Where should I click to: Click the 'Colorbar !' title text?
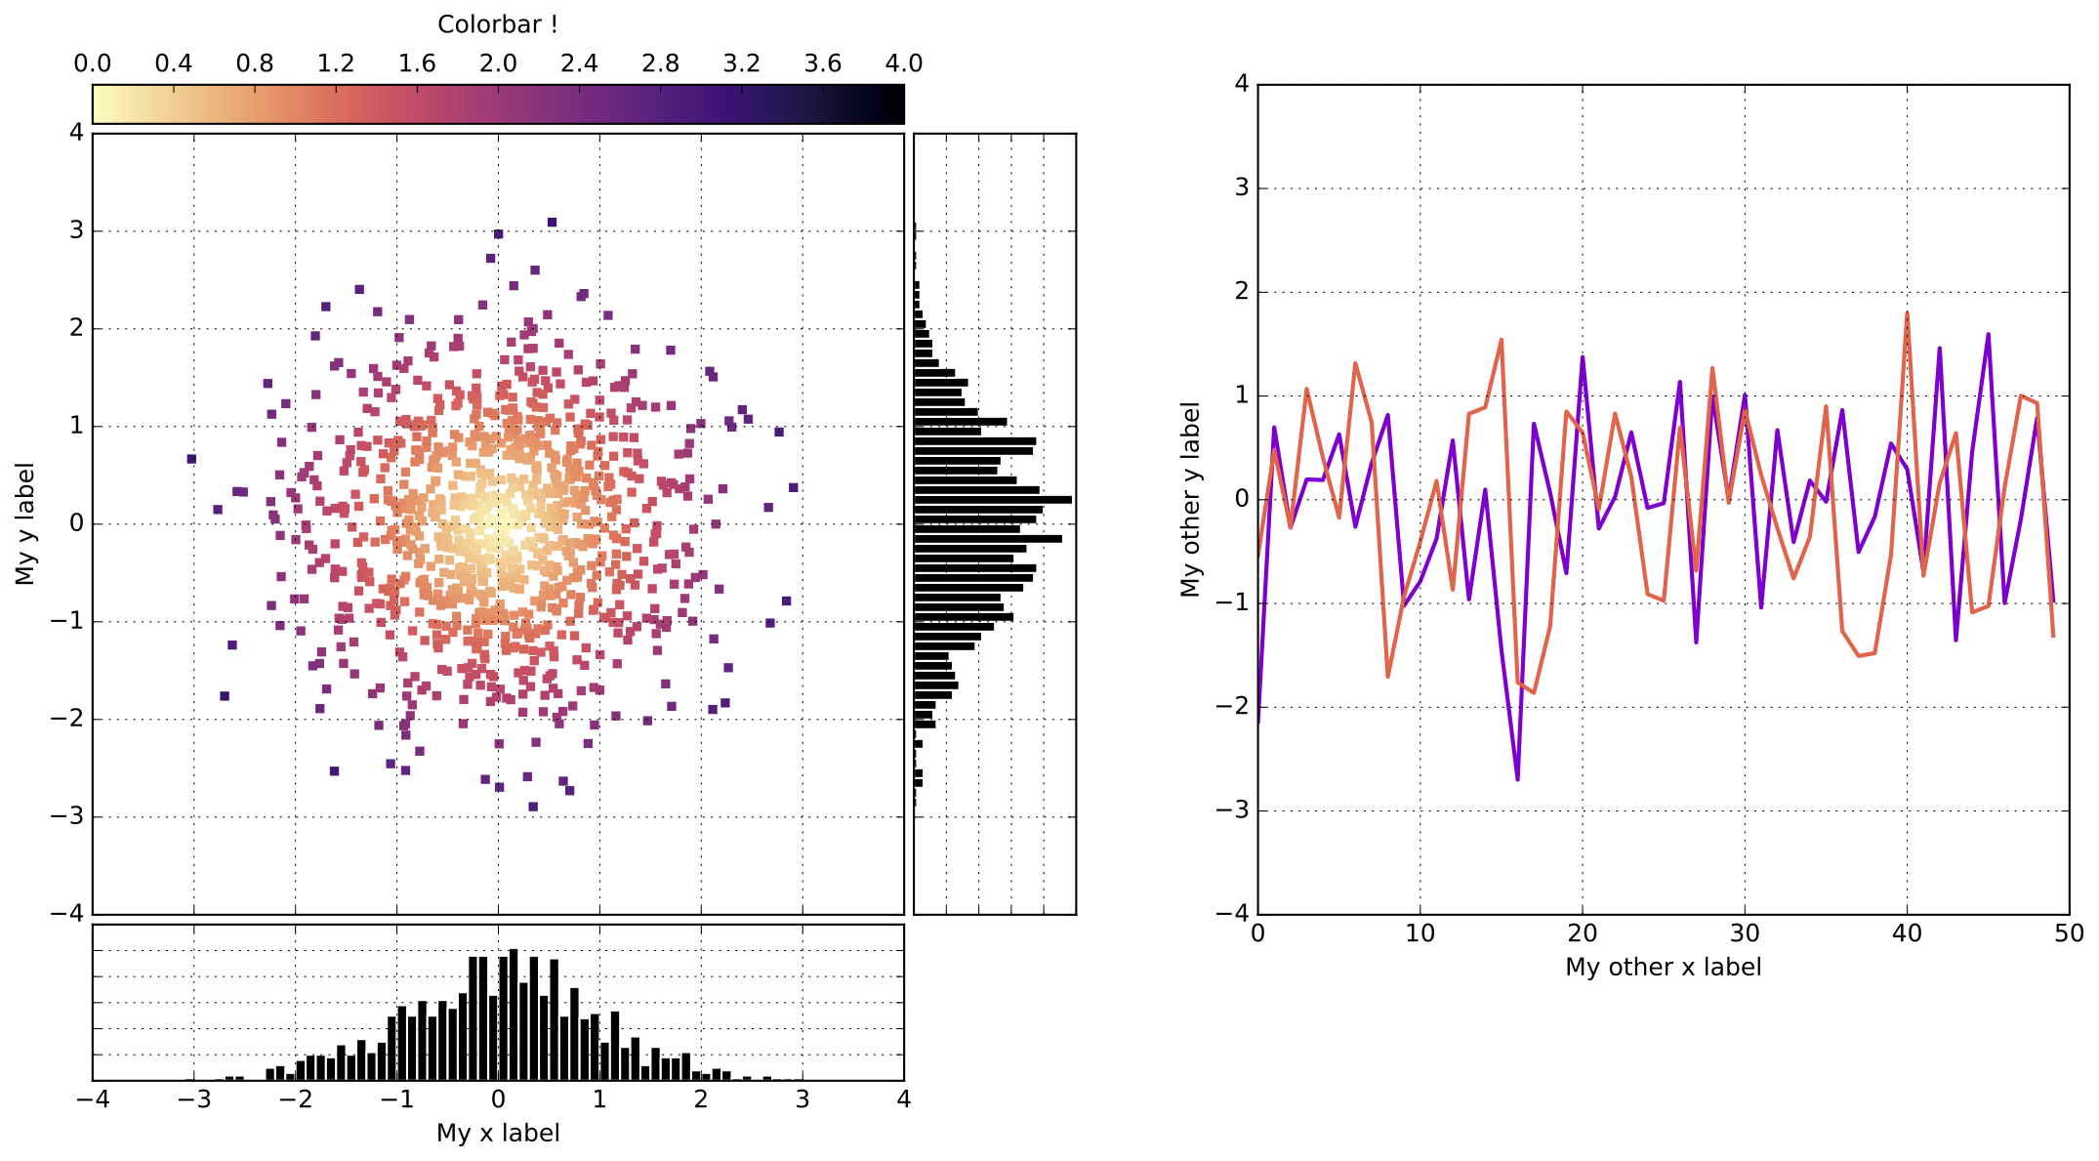click(x=497, y=23)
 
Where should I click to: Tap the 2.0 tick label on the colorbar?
click(x=497, y=63)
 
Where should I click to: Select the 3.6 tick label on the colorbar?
click(x=822, y=63)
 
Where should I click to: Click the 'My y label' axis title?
click(x=24, y=523)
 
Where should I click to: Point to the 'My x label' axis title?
click(x=497, y=1133)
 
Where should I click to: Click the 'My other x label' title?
click(x=1663, y=967)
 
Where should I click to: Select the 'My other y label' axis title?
click(x=1190, y=499)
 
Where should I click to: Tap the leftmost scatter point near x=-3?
click(x=191, y=459)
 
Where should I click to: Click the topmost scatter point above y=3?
click(x=552, y=223)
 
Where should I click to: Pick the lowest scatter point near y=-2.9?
click(x=532, y=807)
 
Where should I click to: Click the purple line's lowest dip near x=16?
click(x=1517, y=778)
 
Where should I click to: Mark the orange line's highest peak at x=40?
click(x=1907, y=314)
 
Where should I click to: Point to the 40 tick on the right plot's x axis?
click(x=1907, y=933)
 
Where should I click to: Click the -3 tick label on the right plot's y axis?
click(x=1233, y=809)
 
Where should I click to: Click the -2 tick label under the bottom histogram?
click(x=295, y=1099)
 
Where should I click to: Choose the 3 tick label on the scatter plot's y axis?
click(x=76, y=230)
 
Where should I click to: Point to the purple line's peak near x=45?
click(x=1988, y=335)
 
